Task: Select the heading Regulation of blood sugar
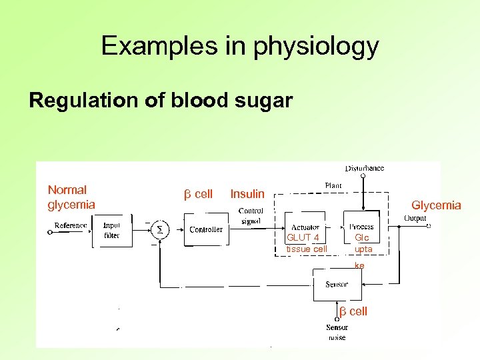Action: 161,101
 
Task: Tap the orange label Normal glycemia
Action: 71,197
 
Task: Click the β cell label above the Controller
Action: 198,194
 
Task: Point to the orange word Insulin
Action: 247,194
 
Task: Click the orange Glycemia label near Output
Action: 436,205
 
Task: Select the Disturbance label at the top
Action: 364,168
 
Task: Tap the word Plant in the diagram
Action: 333,185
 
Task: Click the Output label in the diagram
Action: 415,217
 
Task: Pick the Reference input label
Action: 71,225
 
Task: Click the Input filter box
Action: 111,230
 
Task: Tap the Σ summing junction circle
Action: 159,229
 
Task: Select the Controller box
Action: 206,229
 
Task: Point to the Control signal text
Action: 251,216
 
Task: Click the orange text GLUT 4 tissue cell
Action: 307,243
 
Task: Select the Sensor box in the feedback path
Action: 337,285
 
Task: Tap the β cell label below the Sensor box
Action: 353,311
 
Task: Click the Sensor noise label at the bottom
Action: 337,332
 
